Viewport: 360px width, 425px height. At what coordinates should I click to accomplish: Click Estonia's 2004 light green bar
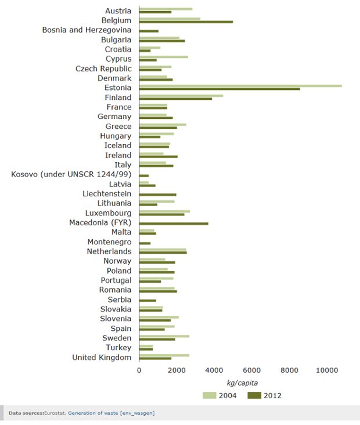pos(240,86)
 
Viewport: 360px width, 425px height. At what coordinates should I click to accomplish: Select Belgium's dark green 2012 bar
pos(186,22)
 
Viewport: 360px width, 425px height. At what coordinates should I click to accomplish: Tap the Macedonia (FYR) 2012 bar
pos(174,224)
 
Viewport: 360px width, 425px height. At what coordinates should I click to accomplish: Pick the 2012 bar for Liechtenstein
pos(157,195)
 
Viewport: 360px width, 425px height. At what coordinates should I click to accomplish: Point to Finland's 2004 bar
pos(181,95)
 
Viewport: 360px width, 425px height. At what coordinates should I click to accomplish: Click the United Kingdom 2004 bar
pos(164,355)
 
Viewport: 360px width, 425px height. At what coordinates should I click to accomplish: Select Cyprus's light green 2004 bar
pos(164,57)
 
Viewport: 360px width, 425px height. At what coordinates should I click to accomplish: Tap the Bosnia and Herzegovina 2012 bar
pos(149,31)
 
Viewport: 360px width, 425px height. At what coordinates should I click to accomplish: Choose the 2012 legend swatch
pos(254,395)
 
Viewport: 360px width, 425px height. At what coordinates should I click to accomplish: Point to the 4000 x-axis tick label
pos(214,370)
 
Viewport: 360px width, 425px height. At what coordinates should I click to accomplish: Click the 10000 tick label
pos(327,370)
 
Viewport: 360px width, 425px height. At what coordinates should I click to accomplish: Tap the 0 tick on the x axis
pos(139,370)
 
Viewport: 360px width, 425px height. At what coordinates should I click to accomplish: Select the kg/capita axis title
pos(242,383)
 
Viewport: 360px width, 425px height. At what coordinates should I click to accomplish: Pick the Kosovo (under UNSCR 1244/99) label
pos(71,174)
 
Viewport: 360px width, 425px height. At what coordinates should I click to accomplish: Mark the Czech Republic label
pos(103,69)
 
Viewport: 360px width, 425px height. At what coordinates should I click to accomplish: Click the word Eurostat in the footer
pos(55,413)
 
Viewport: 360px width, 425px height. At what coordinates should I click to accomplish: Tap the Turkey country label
pos(118,347)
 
